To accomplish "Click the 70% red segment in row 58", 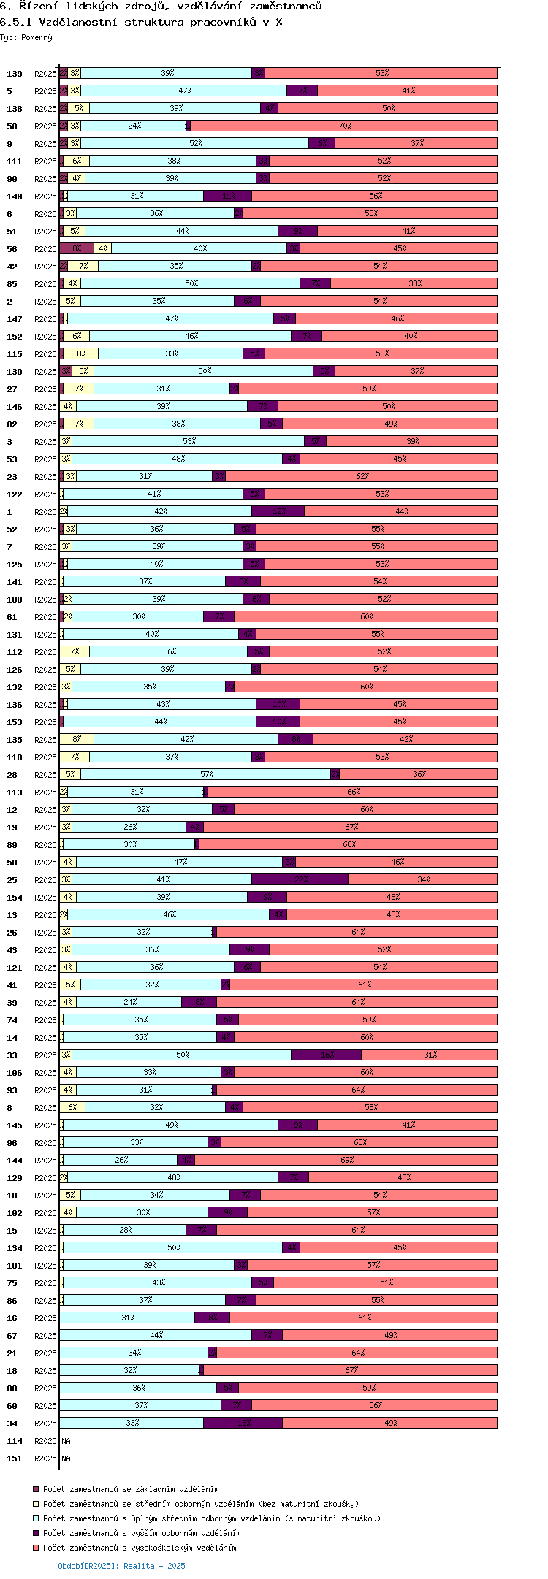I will click(x=343, y=126).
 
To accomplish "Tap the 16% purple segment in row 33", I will click(x=326, y=1055).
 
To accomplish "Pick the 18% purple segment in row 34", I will click(x=243, y=1423).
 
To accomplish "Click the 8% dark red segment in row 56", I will click(x=77, y=248).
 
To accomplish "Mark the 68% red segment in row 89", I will click(x=348, y=844).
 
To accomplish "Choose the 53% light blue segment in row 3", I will click(x=189, y=441).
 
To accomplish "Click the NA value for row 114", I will click(x=66, y=1441).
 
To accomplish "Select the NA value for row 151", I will click(x=66, y=1458).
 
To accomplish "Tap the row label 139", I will click(x=15, y=74).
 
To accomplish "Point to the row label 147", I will click(x=15, y=319).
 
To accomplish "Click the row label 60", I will click(x=12, y=1406).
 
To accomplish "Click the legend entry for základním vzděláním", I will click(x=130, y=1489).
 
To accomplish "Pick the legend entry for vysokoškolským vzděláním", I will click(x=139, y=1548).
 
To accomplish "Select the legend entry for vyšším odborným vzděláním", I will click(x=141, y=1533).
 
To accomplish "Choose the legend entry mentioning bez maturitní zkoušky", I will click(x=200, y=1504).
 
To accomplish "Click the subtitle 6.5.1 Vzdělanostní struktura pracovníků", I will click(x=141, y=22).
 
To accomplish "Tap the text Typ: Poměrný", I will click(x=26, y=37).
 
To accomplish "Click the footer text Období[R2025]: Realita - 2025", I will click(x=121, y=1566).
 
